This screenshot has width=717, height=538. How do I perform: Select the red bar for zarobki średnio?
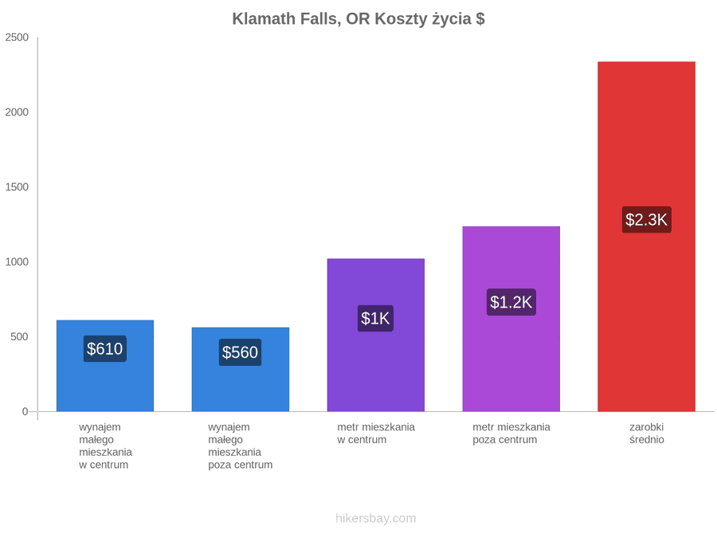coord(646,237)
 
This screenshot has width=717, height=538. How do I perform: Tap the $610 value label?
coord(104,349)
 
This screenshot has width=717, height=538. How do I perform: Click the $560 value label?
coord(240,352)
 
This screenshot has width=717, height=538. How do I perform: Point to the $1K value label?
coord(375,318)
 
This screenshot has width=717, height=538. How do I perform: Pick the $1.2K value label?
coord(511,302)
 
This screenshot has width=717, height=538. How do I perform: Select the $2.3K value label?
coord(646,220)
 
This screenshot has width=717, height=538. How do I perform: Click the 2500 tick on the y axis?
coord(17,37)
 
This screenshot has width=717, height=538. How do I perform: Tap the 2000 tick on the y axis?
coord(17,112)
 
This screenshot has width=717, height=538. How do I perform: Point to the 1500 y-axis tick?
coord(17,187)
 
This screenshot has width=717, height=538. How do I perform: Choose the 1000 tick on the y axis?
coord(17,261)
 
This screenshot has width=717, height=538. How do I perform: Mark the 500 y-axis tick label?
coord(20,336)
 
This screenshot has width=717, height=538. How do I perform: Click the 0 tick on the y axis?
coord(25,411)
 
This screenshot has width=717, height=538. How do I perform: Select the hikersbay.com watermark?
coord(376,518)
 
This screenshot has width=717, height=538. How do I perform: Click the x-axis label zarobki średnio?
coord(647,434)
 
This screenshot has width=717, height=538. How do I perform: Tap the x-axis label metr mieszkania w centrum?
coord(376,434)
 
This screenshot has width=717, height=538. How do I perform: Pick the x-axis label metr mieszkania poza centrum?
coord(511,434)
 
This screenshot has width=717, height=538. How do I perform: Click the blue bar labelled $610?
coord(105,366)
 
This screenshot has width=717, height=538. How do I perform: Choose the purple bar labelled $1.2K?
coord(511,319)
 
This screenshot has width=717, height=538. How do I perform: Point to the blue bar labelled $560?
coord(241,370)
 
